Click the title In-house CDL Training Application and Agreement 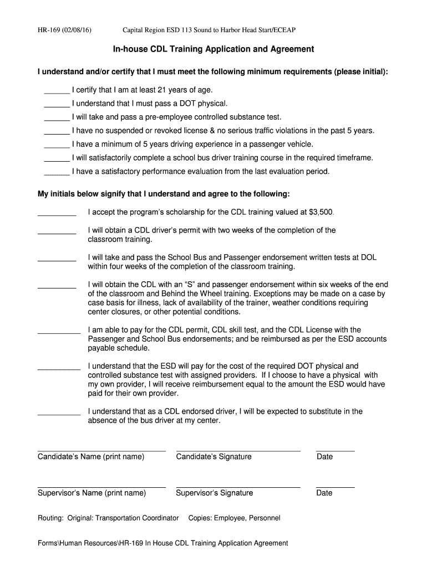point(213,49)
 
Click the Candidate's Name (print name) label point(91,457)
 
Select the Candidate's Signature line point(238,451)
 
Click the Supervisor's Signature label point(214,493)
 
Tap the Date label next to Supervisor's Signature point(324,493)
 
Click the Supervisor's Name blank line point(101,487)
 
